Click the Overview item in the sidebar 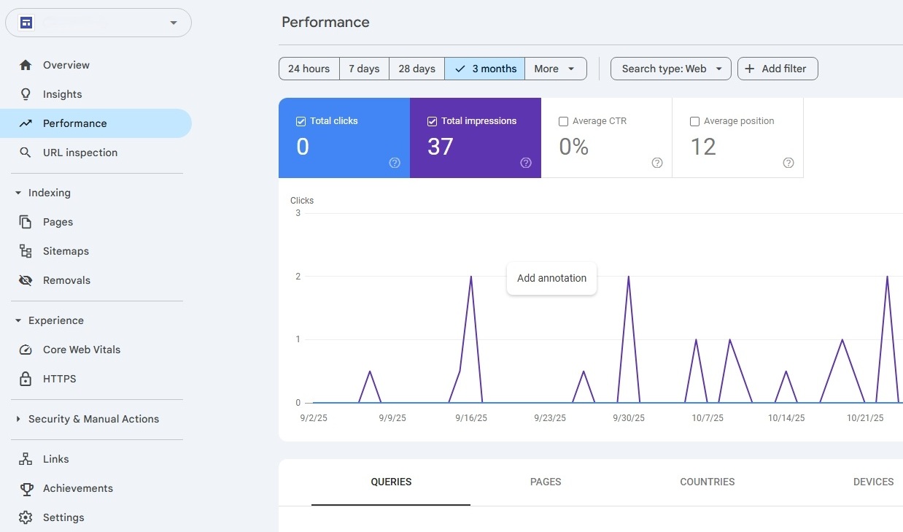click(66, 65)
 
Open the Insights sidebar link click(62, 94)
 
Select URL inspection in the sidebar click(80, 153)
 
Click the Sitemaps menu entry click(66, 251)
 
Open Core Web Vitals click(82, 350)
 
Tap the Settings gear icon click(26, 517)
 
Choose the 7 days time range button click(364, 69)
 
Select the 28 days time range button click(416, 69)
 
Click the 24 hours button click(309, 69)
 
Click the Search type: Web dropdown click(671, 69)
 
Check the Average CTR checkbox click(563, 121)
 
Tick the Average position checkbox click(694, 121)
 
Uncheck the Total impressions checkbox click(432, 121)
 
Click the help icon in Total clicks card click(395, 163)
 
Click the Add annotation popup click(551, 278)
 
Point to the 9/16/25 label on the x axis click(471, 418)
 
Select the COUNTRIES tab click(707, 482)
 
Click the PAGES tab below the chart click(546, 482)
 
